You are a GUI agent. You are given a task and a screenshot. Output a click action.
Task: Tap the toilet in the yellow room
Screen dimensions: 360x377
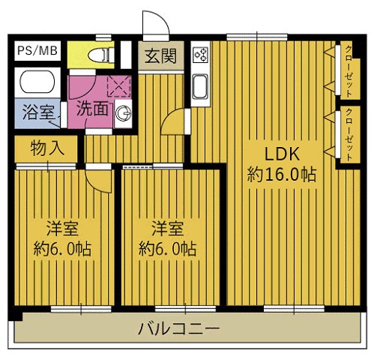point(101,55)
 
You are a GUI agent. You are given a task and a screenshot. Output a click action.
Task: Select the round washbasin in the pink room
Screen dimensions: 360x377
point(125,114)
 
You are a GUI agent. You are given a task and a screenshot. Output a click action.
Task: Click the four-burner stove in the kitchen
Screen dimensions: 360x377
point(201,53)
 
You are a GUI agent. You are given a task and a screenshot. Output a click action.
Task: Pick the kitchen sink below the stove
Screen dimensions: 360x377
point(201,86)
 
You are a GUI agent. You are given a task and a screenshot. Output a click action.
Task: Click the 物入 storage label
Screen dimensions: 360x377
point(46,148)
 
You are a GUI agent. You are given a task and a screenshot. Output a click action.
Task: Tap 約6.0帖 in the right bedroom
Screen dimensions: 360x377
point(168,247)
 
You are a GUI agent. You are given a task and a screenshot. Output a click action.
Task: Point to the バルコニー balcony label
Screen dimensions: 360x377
point(178,328)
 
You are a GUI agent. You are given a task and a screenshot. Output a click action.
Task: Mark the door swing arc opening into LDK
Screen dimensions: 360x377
point(178,122)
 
